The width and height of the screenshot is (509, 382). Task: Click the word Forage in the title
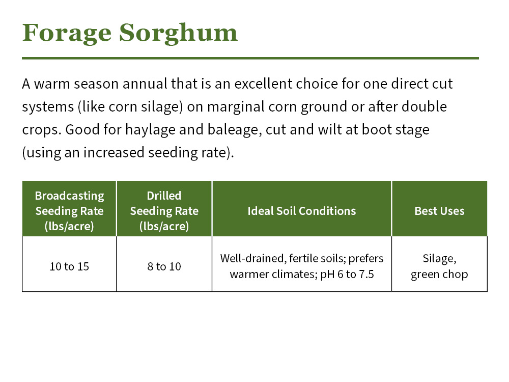66,34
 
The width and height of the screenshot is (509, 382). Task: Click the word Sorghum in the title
178,34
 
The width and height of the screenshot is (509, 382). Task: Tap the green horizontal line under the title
250,58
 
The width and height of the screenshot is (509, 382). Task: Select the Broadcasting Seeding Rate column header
69,211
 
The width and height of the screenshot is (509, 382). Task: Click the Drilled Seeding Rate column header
164,211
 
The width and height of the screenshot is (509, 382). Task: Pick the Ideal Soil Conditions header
301,211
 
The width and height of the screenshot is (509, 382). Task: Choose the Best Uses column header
439,211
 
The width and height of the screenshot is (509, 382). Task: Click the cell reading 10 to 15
69,266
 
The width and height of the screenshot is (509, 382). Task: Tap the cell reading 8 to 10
164,266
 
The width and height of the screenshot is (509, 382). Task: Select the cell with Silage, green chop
439,266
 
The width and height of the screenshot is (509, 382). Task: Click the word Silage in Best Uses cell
439,258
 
